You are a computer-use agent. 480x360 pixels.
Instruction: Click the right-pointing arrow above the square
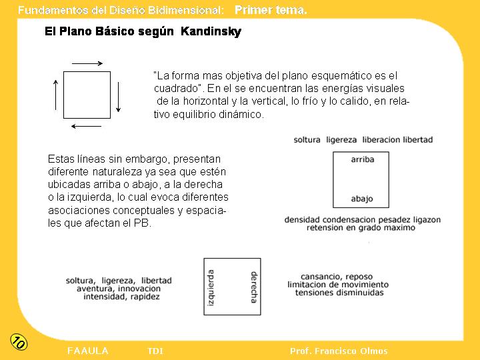pos(87,63)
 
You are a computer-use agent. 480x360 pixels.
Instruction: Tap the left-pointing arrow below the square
pos(86,125)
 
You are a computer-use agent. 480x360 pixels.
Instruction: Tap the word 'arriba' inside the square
pos(362,159)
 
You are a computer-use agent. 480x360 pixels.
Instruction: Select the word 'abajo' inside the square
pos(361,199)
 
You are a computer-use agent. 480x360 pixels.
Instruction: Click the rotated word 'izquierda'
pos(212,287)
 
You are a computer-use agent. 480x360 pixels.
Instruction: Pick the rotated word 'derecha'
pos(253,287)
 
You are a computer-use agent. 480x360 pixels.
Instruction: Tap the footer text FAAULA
pos(88,351)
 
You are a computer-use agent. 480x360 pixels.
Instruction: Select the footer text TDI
pos(155,351)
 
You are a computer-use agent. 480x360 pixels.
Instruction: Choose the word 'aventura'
pos(95,289)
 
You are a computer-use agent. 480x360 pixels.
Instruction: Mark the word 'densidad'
pos(302,220)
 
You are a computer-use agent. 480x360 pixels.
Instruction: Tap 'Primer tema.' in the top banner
pos(271,10)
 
